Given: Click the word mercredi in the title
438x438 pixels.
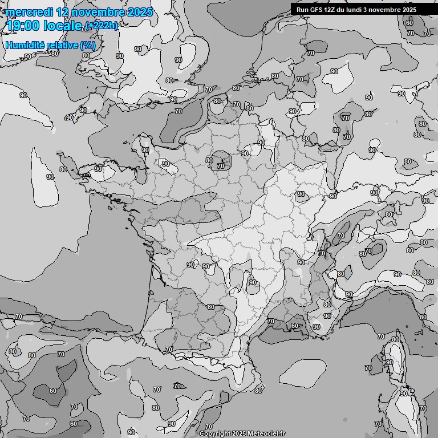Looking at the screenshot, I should [29, 12].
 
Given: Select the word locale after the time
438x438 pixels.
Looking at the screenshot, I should [67, 26].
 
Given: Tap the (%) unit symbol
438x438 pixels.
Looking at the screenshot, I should [88, 45].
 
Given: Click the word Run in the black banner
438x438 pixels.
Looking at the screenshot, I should [302, 10].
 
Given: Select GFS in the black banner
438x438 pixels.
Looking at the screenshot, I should [316, 10].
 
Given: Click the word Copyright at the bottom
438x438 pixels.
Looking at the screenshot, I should [215, 433].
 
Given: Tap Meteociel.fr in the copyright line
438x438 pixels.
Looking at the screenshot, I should [267, 433].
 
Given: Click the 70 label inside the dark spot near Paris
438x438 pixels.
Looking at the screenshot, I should [221, 166].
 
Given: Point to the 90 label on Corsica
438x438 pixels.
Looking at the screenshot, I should [390, 362].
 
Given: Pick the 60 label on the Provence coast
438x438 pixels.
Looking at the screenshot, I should [294, 326].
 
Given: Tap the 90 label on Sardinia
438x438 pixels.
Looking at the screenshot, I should [404, 394].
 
